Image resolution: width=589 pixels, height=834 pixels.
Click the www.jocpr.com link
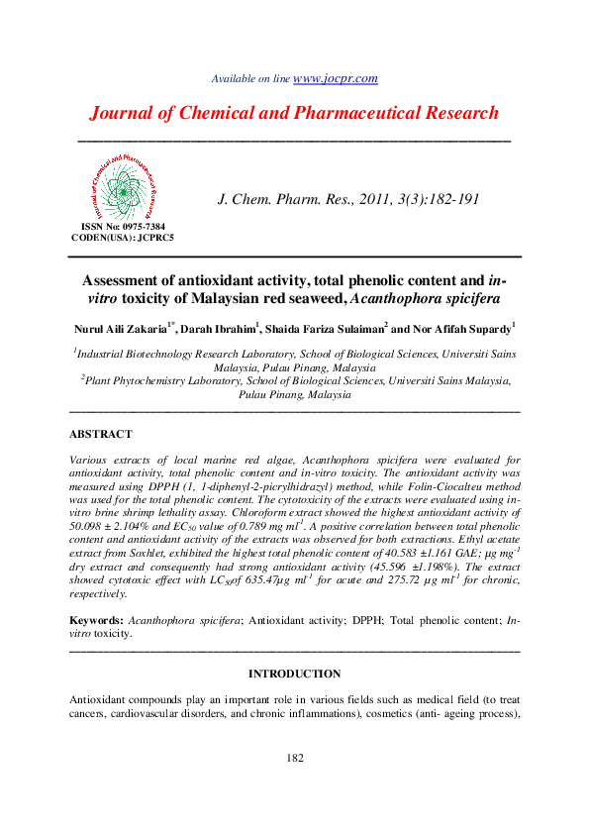pos(336,78)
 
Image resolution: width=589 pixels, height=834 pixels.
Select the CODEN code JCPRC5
pos(151,239)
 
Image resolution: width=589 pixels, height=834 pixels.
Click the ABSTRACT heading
pos(101,435)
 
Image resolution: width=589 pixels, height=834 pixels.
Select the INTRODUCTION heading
pos(294,674)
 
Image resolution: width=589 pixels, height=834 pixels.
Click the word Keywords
pos(95,618)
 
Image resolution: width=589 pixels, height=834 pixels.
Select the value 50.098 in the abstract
pos(89,529)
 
